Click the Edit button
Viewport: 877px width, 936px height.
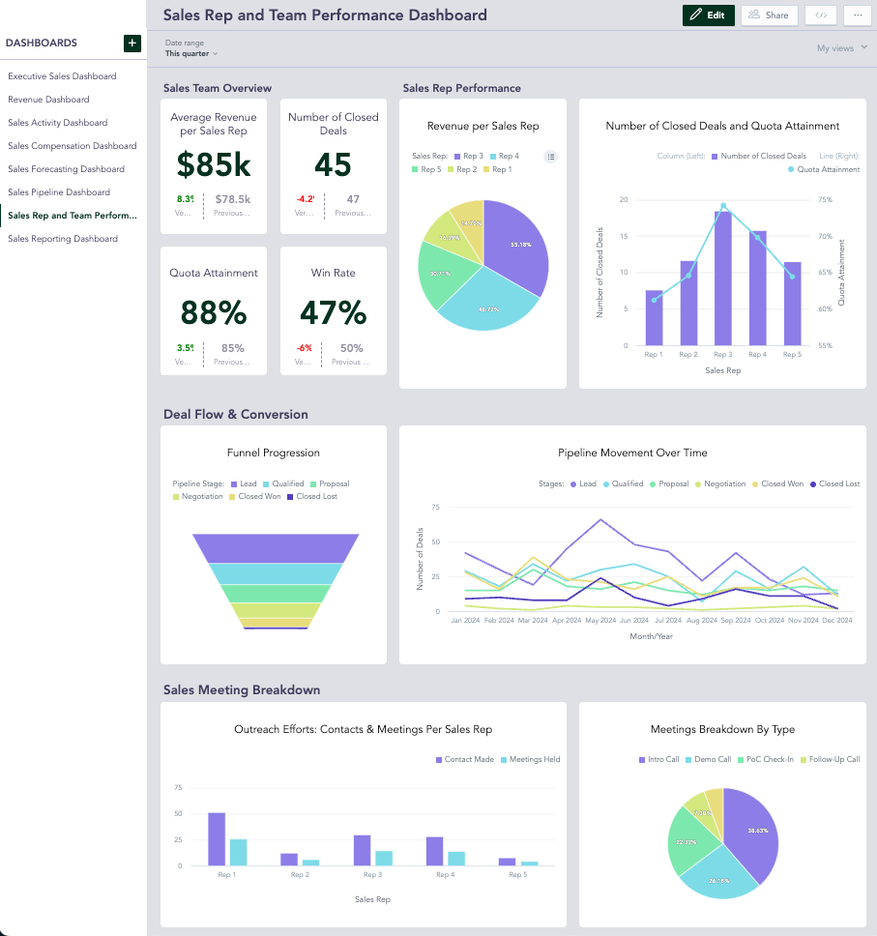tap(708, 15)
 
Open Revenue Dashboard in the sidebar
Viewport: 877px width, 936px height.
tap(48, 100)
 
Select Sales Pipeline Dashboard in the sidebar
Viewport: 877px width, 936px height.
tap(59, 192)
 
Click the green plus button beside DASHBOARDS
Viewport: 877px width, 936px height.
tap(132, 43)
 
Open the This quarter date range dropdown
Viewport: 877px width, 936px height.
tap(191, 54)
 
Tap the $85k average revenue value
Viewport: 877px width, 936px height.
tap(214, 165)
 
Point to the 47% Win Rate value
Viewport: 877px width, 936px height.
tap(333, 313)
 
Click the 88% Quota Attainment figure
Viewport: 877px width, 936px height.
tap(214, 313)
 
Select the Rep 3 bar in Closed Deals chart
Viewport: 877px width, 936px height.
tap(723, 278)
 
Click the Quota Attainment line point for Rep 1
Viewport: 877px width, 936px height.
tap(655, 300)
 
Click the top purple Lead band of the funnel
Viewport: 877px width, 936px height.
tap(276, 547)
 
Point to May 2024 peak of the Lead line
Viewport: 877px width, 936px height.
tap(601, 519)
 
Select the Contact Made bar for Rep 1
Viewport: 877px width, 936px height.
tap(217, 839)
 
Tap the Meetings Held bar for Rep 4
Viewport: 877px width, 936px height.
tap(456, 859)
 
